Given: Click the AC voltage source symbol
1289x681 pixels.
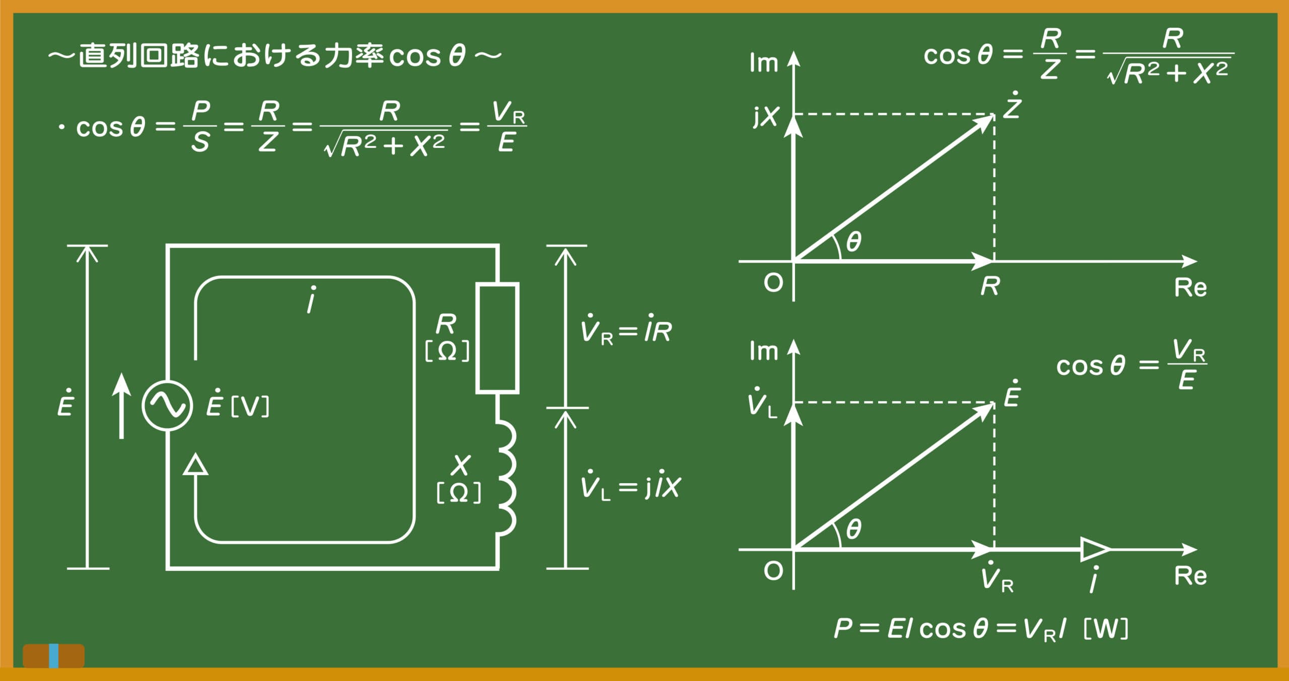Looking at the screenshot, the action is point(167,406).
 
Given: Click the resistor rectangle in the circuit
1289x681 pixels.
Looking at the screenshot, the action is point(497,338).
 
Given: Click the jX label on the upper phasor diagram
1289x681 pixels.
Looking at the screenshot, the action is point(766,117).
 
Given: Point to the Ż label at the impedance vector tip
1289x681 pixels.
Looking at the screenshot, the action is point(1012,105).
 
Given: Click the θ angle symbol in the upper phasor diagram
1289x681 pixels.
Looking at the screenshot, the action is point(853,242).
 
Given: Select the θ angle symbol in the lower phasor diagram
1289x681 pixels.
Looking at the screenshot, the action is point(853,529).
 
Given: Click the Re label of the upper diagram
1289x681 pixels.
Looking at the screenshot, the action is point(1190,288).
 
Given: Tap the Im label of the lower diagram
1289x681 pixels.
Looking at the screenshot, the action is point(763,351).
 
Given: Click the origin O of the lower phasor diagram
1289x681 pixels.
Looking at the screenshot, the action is point(773,571).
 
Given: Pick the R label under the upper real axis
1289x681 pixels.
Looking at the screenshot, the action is point(990,286).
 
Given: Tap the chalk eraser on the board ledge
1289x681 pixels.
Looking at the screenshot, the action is point(54,656).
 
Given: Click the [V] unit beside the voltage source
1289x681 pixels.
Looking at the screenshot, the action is point(250,407).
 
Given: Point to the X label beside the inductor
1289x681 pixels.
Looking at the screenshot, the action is point(461,465).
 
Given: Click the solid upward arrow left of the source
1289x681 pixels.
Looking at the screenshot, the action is point(121,406).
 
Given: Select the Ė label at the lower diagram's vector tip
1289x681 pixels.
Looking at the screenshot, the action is point(1012,394).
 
